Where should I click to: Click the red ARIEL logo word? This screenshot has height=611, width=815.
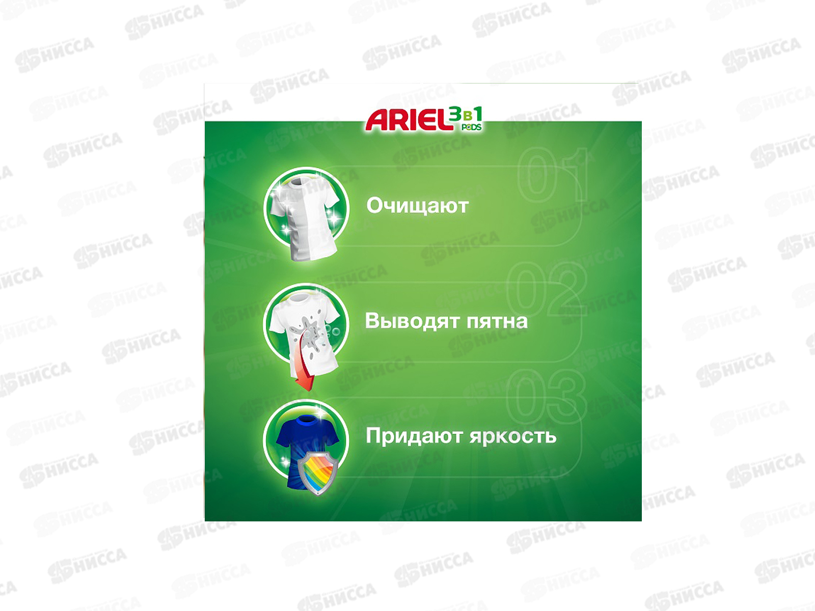(410, 120)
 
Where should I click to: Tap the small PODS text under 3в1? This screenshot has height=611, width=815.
(471, 127)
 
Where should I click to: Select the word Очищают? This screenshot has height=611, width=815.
(418, 206)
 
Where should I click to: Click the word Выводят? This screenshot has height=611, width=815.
(412, 321)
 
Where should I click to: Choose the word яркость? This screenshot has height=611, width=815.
(513, 437)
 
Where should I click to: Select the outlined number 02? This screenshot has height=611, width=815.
(547, 289)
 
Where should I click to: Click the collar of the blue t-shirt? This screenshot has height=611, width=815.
(306, 421)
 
